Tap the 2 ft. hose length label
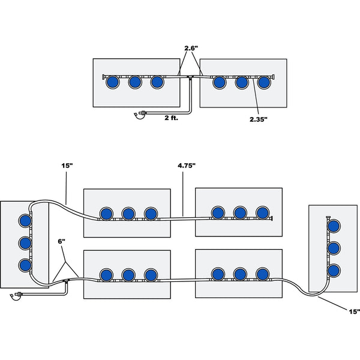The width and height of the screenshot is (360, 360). click(x=171, y=118)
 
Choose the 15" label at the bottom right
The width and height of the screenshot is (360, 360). click(x=353, y=311)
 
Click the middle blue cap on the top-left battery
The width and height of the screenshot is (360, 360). click(x=134, y=82)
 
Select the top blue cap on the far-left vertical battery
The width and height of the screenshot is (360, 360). click(x=24, y=220)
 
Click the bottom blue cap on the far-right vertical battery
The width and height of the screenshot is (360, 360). click(x=334, y=269)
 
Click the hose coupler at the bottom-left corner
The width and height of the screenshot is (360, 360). click(x=17, y=295)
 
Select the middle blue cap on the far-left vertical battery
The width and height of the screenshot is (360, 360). click(x=24, y=242)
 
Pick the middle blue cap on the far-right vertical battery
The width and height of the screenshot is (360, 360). click(x=334, y=248)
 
